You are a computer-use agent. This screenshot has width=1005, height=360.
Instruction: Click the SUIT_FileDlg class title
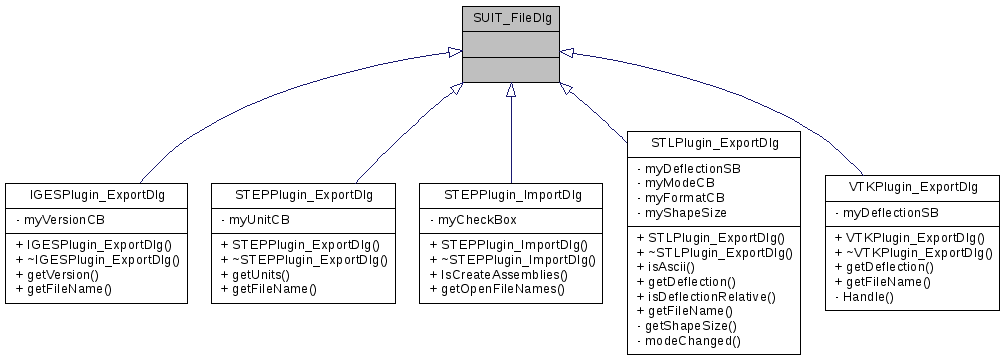pos(510,17)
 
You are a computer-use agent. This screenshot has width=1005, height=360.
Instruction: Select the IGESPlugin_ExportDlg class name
pos(98,193)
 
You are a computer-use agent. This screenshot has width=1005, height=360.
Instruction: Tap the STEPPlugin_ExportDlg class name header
pos(304,193)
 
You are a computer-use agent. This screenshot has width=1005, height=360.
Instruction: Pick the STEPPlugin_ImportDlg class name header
pos(511,193)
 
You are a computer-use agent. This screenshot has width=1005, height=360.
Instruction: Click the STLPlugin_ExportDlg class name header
pos(714,143)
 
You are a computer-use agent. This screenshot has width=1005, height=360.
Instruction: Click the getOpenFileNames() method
pos(496,288)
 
